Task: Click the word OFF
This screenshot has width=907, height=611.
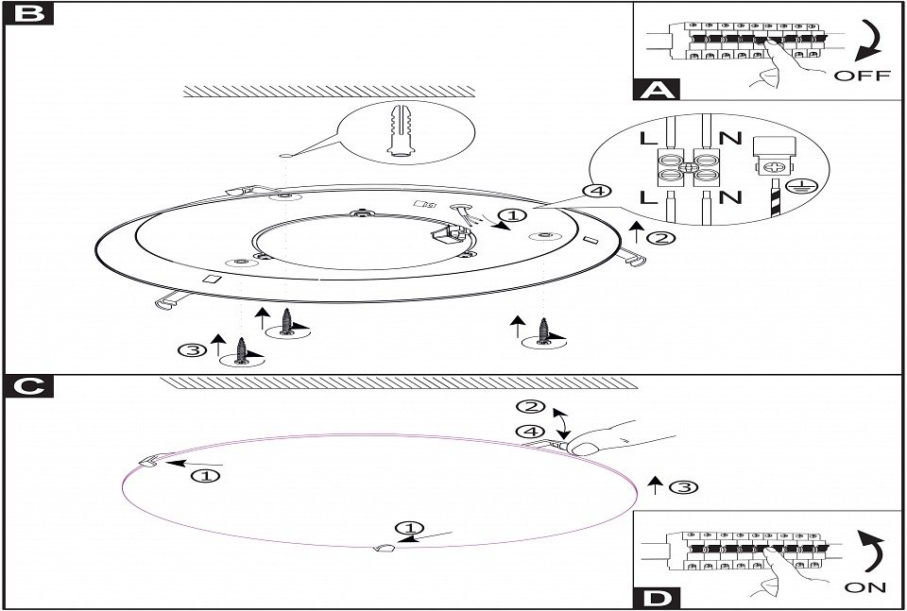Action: coord(862,76)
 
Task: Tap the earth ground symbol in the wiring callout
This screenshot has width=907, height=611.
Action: coord(795,185)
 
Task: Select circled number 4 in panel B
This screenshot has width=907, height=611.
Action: coord(596,192)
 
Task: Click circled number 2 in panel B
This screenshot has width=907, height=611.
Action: coord(664,237)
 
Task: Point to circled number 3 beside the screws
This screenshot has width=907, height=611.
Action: coord(190,350)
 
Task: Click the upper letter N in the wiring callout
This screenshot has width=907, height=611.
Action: coord(729,138)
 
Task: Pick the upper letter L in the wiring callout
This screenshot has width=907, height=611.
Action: coord(649,138)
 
